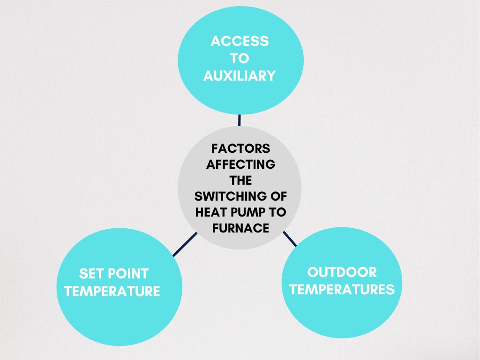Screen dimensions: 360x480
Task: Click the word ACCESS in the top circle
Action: tap(240, 41)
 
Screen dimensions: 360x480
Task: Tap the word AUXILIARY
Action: tap(240, 75)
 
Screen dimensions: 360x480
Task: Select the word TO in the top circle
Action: tap(240, 59)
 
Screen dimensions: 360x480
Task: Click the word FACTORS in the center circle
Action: tap(240, 149)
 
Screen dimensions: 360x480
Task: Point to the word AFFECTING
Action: tap(240, 165)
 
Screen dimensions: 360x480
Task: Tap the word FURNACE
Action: tap(240, 228)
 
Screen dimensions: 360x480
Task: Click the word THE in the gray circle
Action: tap(240, 180)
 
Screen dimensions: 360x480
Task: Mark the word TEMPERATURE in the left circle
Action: tap(112, 291)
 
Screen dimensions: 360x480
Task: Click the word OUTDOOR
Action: tap(342, 272)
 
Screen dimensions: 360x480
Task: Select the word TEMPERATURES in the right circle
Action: tap(342, 289)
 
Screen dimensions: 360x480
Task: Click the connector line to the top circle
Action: tap(240, 120)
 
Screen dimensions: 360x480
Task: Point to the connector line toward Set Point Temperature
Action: tap(185, 244)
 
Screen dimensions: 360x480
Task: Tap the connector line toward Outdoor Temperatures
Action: tap(290, 239)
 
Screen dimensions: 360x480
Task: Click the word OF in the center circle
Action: tap(278, 196)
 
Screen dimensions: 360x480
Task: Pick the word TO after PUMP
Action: tap(277, 212)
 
